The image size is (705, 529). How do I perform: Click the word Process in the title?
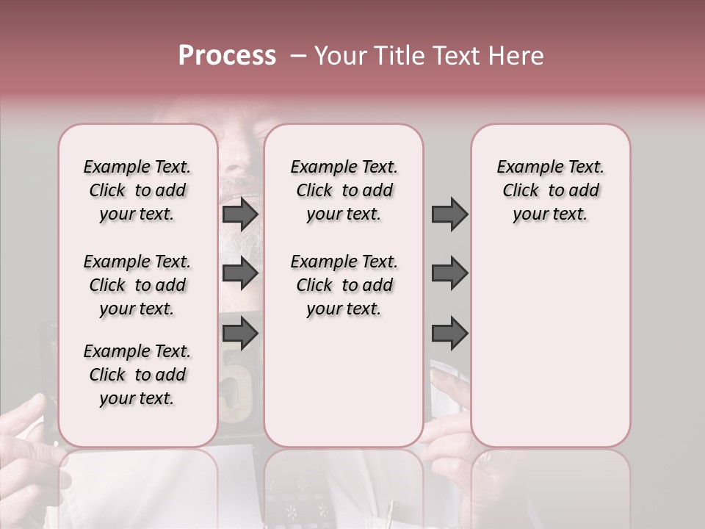pos(227,56)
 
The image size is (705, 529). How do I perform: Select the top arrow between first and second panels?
pos(240,214)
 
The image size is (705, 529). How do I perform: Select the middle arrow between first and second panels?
pos(240,273)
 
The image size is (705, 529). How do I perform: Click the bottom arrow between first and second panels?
pos(240,333)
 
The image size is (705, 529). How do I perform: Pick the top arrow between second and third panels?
pos(449,214)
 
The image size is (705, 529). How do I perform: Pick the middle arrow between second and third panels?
pos(449,273)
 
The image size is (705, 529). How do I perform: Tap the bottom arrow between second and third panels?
pos(449,333)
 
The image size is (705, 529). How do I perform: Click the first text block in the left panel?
pos(137,190)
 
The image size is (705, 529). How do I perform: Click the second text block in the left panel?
pos(137,285)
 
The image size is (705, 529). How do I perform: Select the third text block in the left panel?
pos(137,375)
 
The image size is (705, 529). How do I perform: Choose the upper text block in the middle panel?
pos(344,190)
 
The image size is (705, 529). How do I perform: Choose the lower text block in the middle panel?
pos(344,285)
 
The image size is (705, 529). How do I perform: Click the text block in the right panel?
pos(551,190)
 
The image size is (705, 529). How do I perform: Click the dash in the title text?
pos(298,57)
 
